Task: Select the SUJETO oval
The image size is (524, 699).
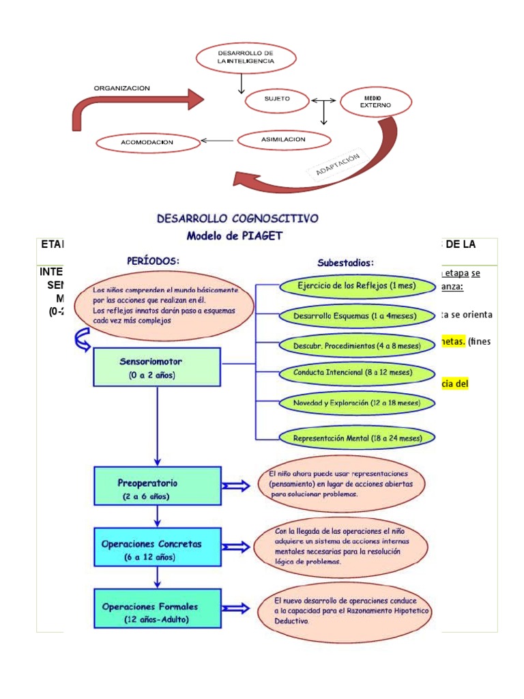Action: point(277,100)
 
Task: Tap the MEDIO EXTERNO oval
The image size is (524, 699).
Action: point(376,102)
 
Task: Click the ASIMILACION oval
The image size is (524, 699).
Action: point(283,140)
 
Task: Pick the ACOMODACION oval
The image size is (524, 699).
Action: point(147,143)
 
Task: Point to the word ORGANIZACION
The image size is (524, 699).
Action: point(121,88)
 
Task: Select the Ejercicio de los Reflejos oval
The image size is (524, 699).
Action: point(356,286)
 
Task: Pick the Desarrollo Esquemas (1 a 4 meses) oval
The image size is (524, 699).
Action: point(356,316)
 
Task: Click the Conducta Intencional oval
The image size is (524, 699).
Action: point(356,373)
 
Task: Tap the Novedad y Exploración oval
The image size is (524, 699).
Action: point(356,403)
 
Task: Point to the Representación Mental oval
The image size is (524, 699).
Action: point(356,437)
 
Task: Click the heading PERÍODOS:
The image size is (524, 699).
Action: point(154,260)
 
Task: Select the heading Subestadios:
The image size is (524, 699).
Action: point(345,262)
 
